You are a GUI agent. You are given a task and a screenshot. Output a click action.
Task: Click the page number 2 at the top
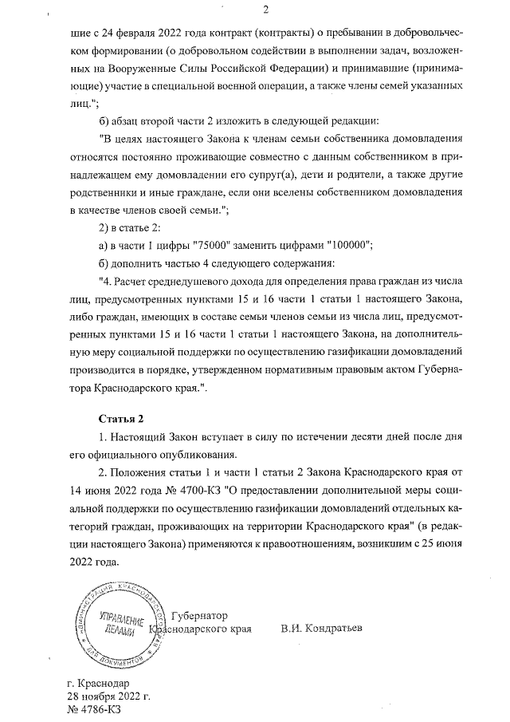click(x=265, y=10)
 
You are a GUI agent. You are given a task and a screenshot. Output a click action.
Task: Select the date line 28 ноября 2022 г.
click(x=109, y=696)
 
